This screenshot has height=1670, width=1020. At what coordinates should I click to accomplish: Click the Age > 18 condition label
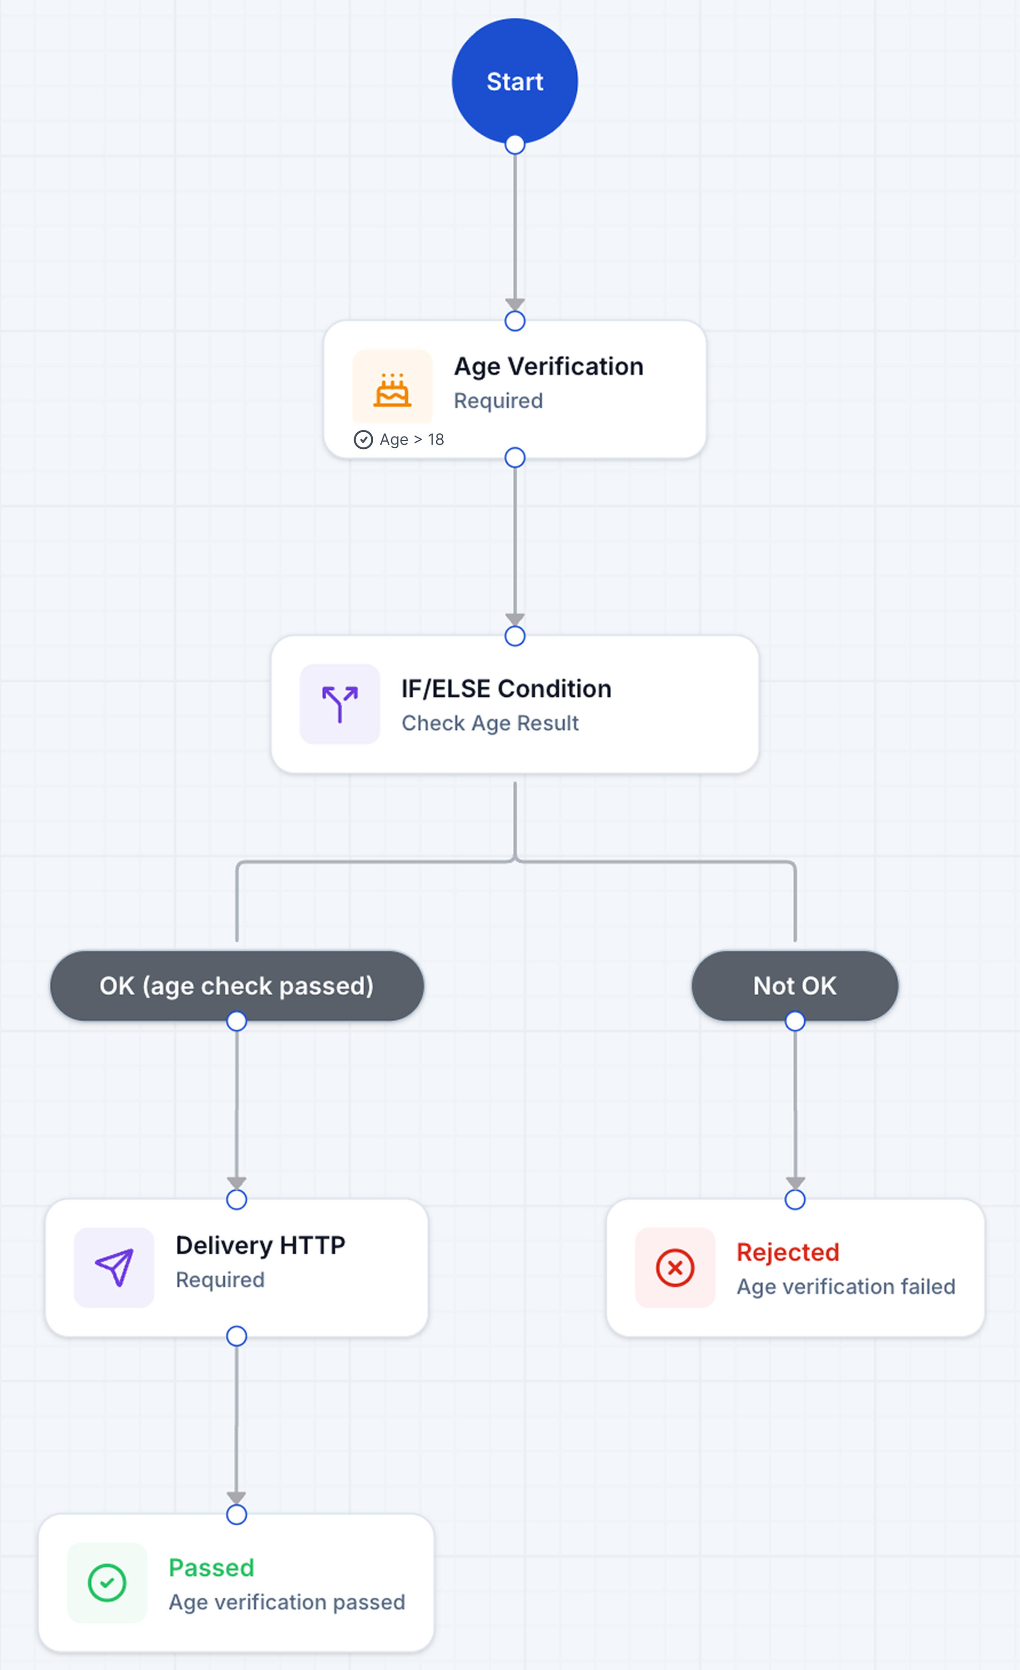pos(411,440)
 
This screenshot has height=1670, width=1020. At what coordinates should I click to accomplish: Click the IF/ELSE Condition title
pos(506,688)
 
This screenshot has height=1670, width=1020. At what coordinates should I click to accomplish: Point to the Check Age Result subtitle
pos(490,723)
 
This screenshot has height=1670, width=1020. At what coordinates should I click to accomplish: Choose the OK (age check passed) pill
pos(237,985)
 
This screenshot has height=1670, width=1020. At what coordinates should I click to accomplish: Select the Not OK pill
pos(795,985)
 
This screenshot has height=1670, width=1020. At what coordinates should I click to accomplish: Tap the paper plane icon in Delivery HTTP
pos(114,1267)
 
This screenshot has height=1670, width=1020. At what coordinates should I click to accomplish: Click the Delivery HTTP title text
pos(260,1245)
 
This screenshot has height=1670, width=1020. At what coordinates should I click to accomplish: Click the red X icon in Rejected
pos(675,1267)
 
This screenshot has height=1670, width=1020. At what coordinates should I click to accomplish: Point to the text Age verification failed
pos(846,1287)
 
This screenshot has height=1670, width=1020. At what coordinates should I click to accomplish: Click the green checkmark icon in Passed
pos(107,1583)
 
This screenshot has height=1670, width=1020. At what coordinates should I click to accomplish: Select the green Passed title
pos(212,1568)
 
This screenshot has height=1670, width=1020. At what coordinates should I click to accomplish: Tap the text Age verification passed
pos(287,1602)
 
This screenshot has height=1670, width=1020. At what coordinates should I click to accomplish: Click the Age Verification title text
pos(549,367)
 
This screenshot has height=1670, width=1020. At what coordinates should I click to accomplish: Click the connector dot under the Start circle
pos(515,144)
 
